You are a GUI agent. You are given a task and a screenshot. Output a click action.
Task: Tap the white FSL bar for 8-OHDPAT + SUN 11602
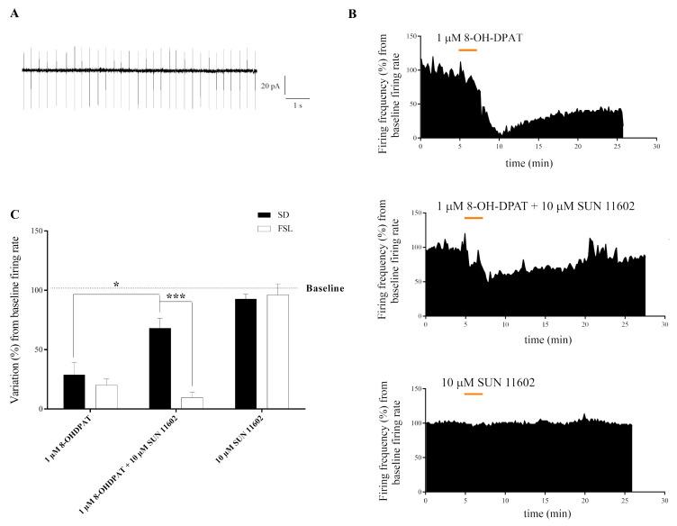pyautogui.click(x=191, y=403)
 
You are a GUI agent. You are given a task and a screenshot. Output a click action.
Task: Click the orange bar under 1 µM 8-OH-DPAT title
pyautogui.click(x=468, y=50)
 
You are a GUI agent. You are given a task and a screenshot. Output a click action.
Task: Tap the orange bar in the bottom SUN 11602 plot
pyautogui.click(x=473, y=394)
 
